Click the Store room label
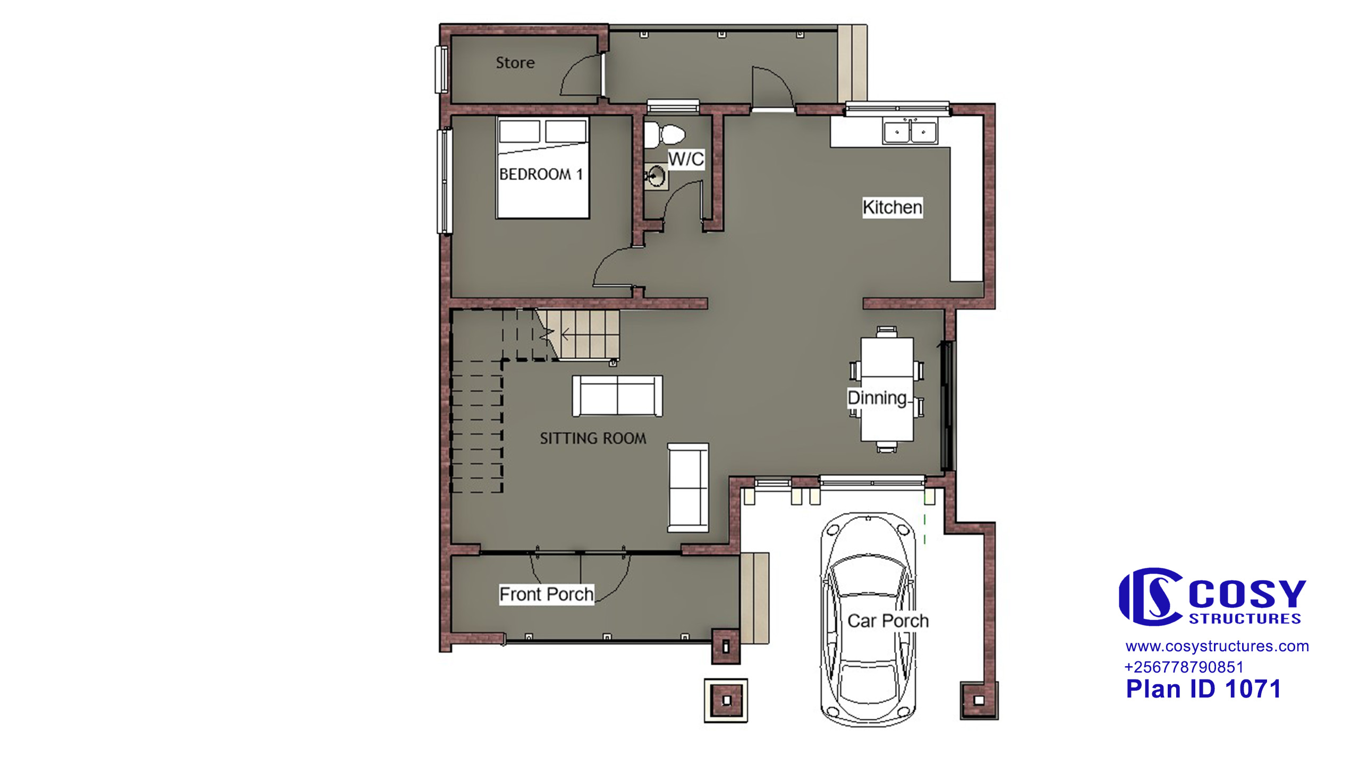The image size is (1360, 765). [x=515, y=63]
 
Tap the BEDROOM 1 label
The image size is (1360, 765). [x=541, y=174]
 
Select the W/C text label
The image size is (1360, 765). [x=686, y=159]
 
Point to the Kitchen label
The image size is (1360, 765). [x=892, y=207]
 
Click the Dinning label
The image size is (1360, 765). [x=877, y=398]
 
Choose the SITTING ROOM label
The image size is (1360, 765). [x=593, y=438]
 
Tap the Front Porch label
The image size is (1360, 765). [x=547, y=594]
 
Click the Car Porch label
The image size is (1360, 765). [x=888, y=620]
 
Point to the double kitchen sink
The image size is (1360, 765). [x=910, y=131]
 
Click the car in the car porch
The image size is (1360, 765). [x=868, y=619]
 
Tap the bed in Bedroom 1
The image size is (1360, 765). [x=543, y=168]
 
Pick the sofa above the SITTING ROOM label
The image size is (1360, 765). [x=617, y=396]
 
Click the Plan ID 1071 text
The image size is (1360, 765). [x=1203, y=689]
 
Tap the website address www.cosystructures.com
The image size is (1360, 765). [x=1217, y=647]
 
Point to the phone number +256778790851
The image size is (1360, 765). [x=1184, y=667]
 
